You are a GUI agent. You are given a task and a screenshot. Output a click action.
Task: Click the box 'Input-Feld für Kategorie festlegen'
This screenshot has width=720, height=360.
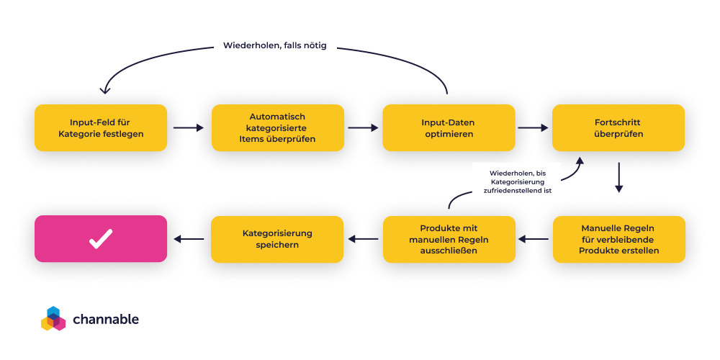101,127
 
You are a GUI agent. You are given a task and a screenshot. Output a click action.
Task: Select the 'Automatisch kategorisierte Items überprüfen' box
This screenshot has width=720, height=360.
277,127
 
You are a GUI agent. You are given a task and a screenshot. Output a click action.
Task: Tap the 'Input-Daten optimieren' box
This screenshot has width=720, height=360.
449,127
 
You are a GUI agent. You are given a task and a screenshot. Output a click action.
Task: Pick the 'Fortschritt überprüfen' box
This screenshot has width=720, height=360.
618,127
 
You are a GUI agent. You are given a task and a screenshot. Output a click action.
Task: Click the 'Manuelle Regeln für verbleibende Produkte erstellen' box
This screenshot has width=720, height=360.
618,239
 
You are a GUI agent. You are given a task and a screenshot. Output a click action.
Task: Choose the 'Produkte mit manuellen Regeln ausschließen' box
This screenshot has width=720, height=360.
449,239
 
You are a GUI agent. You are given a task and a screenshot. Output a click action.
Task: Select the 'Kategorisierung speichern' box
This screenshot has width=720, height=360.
277,239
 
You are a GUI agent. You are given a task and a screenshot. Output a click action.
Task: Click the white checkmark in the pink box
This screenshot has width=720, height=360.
100,238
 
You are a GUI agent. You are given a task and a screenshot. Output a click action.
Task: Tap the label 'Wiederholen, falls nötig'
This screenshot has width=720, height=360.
275,45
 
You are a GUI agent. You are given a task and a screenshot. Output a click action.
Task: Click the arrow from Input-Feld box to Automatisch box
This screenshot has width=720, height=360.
189,128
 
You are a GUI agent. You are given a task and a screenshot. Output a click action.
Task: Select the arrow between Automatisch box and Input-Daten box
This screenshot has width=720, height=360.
363,128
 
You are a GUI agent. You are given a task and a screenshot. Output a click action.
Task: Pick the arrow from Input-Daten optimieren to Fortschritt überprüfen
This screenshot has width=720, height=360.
534,128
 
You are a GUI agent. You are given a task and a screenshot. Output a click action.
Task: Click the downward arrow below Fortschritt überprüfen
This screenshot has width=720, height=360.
618,178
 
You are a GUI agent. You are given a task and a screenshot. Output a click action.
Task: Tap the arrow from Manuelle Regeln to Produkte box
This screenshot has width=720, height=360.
534,239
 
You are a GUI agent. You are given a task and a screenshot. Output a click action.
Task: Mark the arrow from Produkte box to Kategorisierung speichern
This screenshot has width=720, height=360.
363,239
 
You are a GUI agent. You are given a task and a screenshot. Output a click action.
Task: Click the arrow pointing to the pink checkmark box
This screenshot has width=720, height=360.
189,239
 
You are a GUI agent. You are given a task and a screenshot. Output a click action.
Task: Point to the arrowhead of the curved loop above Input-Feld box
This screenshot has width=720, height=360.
105,90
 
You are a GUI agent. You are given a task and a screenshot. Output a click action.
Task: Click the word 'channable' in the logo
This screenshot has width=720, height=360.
106,319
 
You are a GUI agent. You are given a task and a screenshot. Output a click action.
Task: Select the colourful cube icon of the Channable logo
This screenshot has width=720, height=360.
53,319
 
